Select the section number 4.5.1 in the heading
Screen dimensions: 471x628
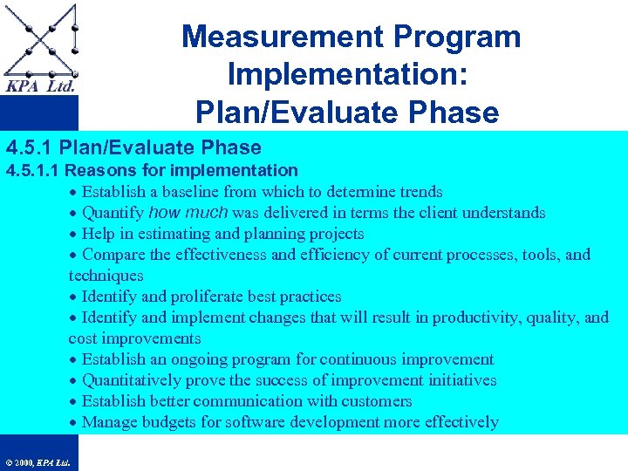[x=30, y=148]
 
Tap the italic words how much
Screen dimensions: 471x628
[x=188, y=213]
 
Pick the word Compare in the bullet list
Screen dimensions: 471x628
[x=114, y=255]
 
